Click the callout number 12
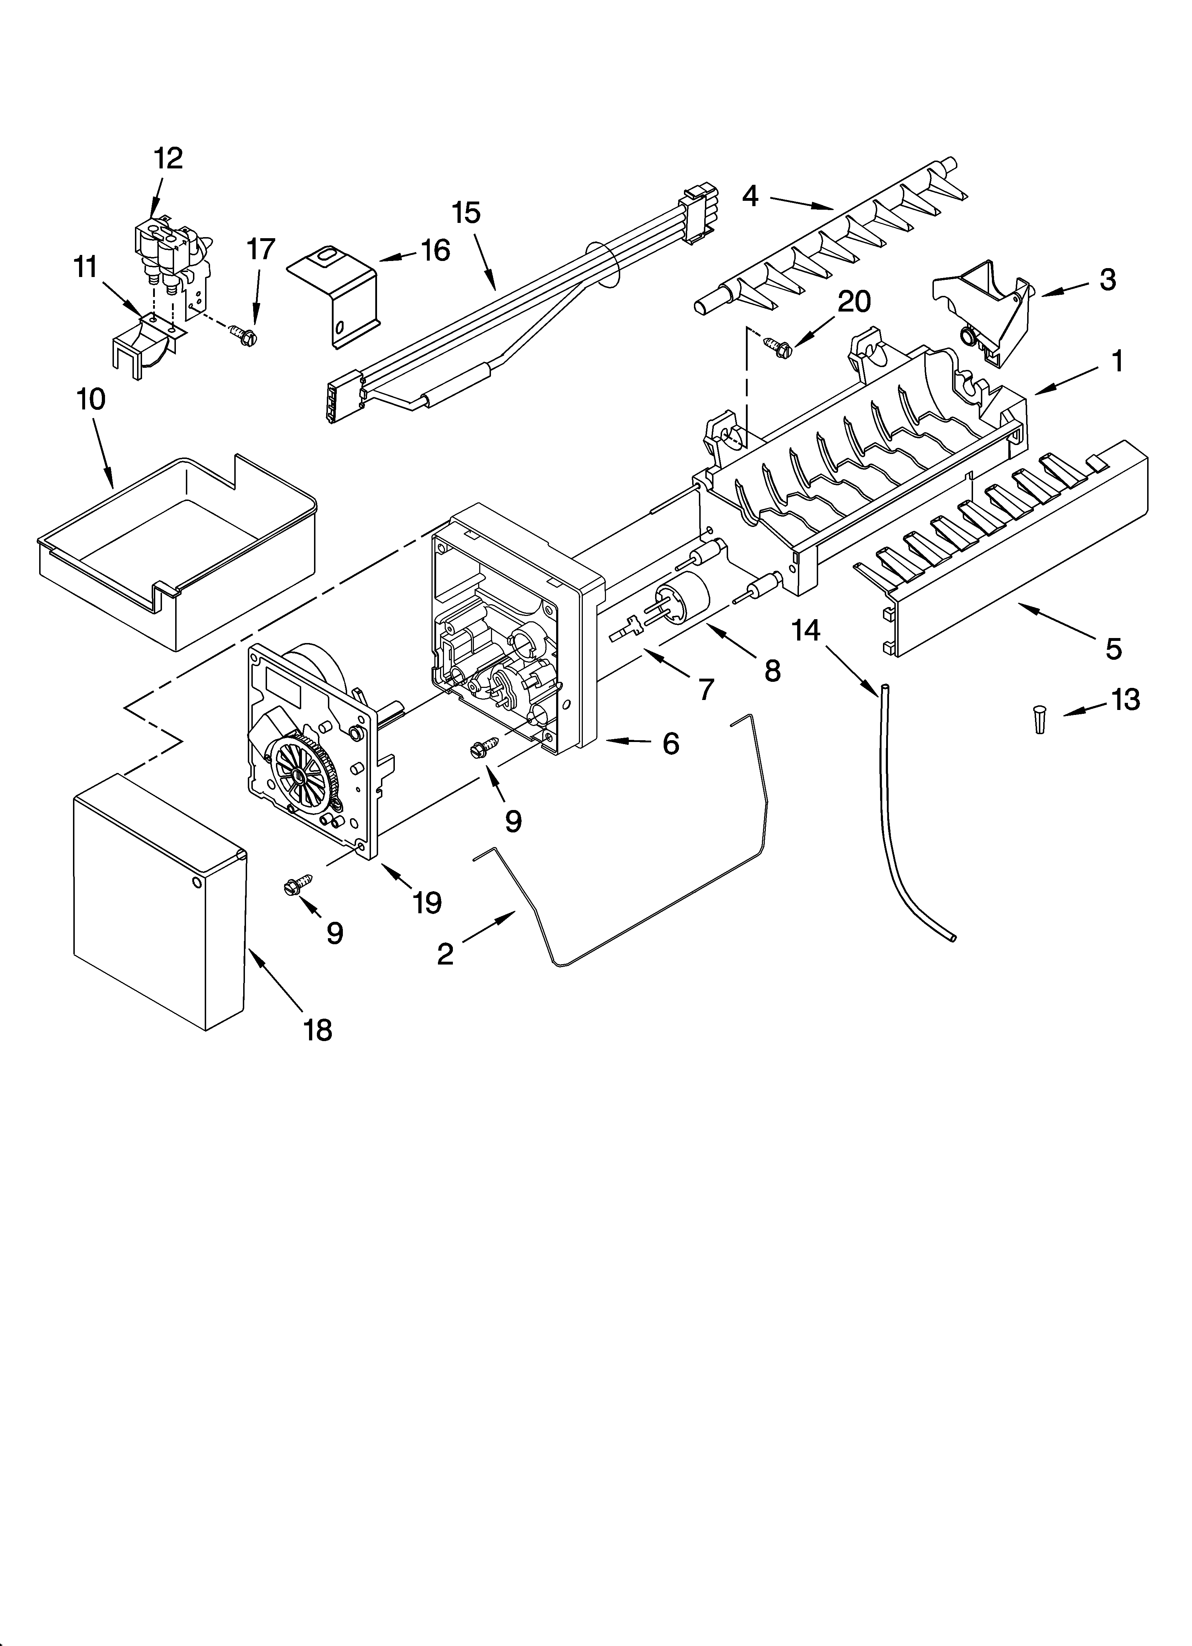click(168, 158)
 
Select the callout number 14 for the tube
click(806, 631)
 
